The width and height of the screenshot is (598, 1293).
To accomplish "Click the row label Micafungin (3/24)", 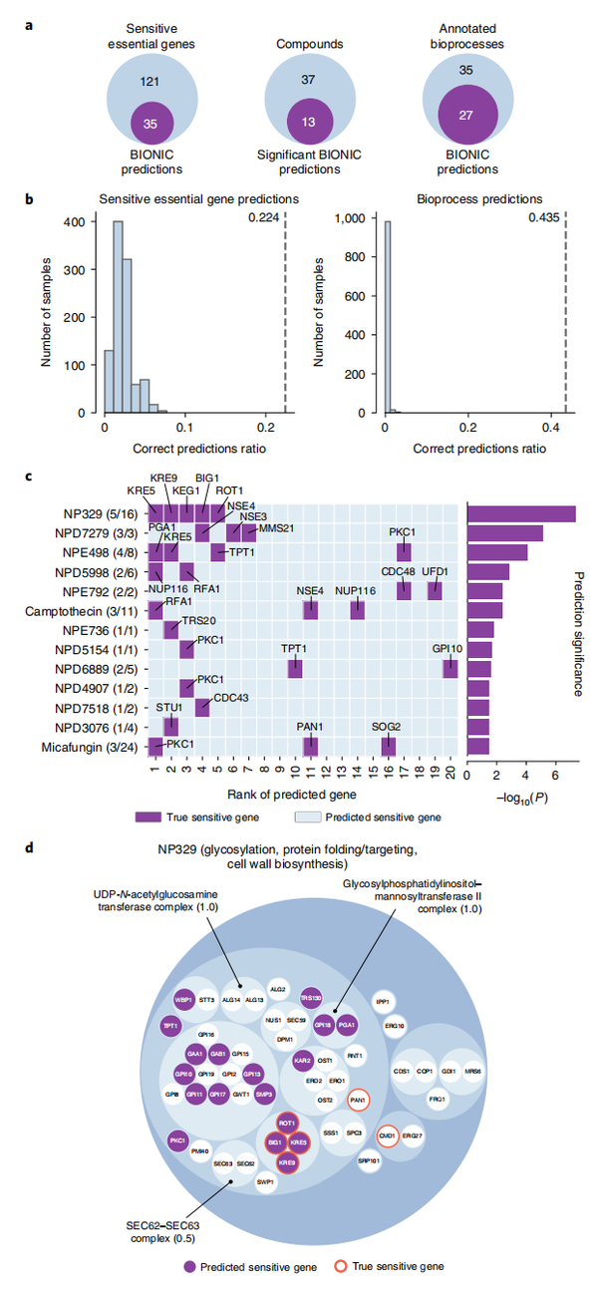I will (x=98, y=747).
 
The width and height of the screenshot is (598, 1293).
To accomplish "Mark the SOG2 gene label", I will (x=387, y=727).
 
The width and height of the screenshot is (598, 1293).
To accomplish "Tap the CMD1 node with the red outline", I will (x=388, y=1134).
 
